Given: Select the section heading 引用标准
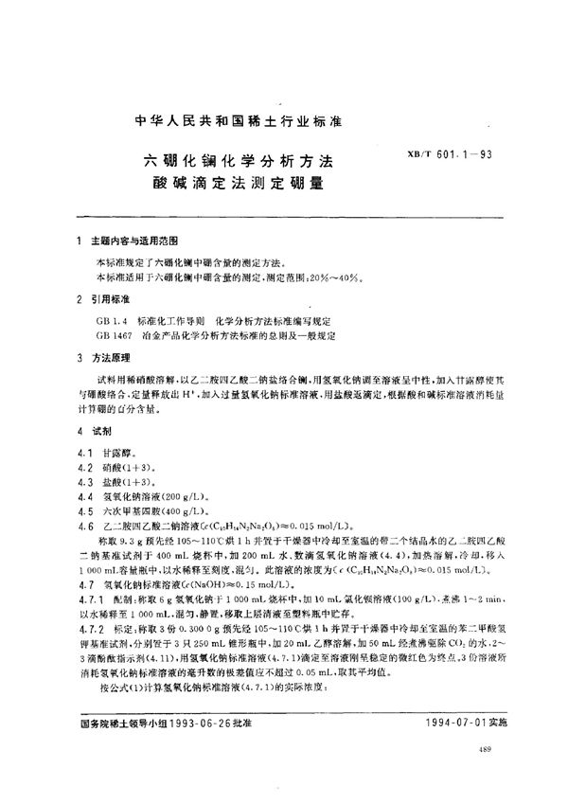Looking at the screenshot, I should [x=112, y=301].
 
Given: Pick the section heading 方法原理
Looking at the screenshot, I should [x=112, y=359].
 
